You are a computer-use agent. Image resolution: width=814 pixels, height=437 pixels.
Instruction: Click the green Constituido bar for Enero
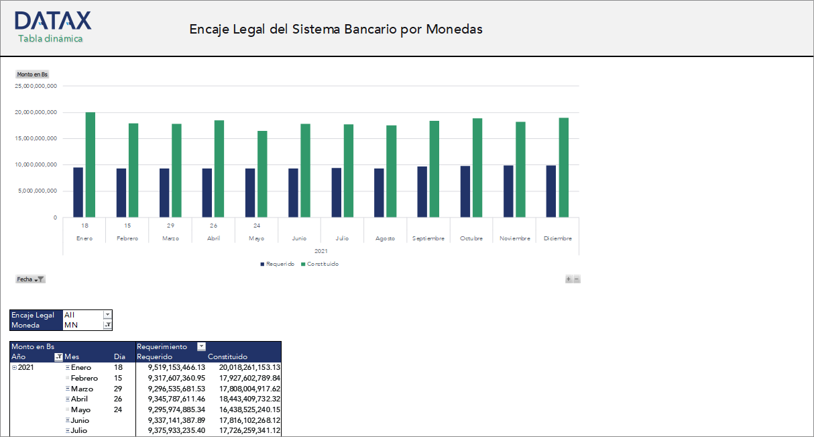click(91, 164)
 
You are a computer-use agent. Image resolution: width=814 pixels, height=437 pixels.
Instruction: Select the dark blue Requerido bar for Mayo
click(250, 193)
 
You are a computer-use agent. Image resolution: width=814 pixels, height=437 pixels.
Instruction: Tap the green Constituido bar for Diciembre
click(564, 167)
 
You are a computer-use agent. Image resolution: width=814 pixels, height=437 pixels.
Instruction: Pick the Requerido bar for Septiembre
click(422, 191)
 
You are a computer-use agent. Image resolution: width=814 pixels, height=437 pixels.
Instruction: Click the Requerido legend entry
click(277, 264)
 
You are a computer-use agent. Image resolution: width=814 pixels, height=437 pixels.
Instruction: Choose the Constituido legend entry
click(320, 264)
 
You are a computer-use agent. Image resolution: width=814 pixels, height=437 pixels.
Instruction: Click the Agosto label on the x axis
click(385, 238)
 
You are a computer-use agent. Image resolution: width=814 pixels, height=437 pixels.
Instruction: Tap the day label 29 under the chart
click(170, 226)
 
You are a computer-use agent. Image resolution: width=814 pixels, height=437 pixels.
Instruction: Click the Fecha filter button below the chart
click(30, 279)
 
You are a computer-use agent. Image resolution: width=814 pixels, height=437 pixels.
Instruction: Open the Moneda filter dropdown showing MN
click(107, 325)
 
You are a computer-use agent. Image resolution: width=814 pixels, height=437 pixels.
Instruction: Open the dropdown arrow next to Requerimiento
click(201, 346)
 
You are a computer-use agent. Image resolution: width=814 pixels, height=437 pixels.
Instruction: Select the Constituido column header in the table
click(228, 356)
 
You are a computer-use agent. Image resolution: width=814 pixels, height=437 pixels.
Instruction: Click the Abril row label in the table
click(79, 399)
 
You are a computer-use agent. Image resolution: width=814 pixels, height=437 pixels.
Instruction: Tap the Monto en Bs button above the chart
click(32, 75)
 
